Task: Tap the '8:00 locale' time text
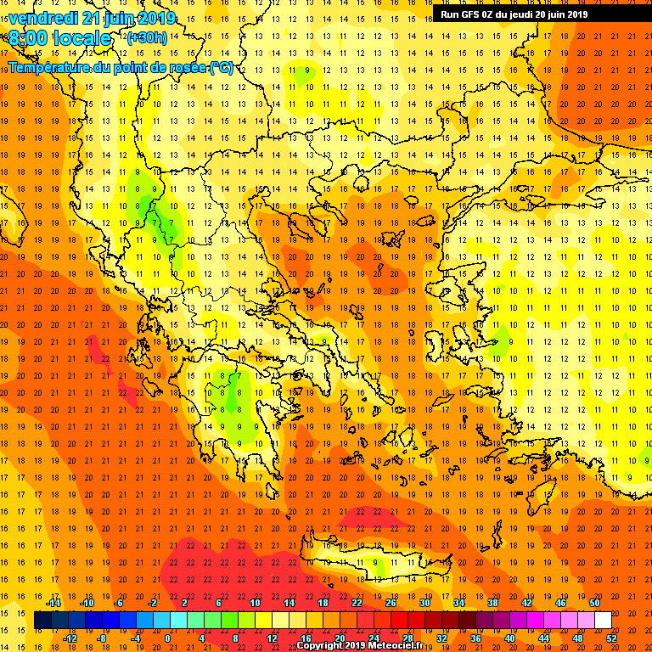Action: [x=60, y=39]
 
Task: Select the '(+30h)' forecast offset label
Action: [x=148, y=38]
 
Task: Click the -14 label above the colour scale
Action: [x=53, y=603]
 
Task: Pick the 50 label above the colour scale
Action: [x=594, y=603]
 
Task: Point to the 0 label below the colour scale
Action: [x=167, y=638]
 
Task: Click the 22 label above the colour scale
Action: [x=357, y=603]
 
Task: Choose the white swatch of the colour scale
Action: [x=603, y=621]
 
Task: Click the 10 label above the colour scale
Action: [x=255, y=603]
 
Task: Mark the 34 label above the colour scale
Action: [x=458, y=603]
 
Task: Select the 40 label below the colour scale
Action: [x=509, y=638]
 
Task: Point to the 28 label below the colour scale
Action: [x=407, y=638]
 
